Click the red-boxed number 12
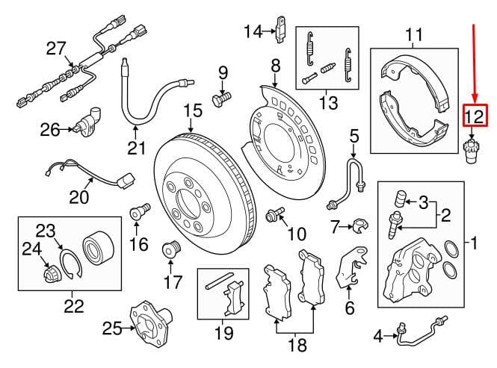(x=475, y=115)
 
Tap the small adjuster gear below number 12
(x=472, y=151)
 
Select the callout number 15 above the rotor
(x=193, y=110)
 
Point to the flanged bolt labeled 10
(x=274, y=214)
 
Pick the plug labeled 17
(x=171, y=249)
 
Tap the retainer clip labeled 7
(x=359, y=226)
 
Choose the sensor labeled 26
(x=87, y=124)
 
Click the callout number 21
(x=137, y=149)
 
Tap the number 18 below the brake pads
(x=297, y=344)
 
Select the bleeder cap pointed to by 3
(x=400, y=199)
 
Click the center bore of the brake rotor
(x=188, y=204)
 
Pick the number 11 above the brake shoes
(x=414, y=34)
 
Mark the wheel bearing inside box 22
(x=98, y=247)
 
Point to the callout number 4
(x=378, y=337)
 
